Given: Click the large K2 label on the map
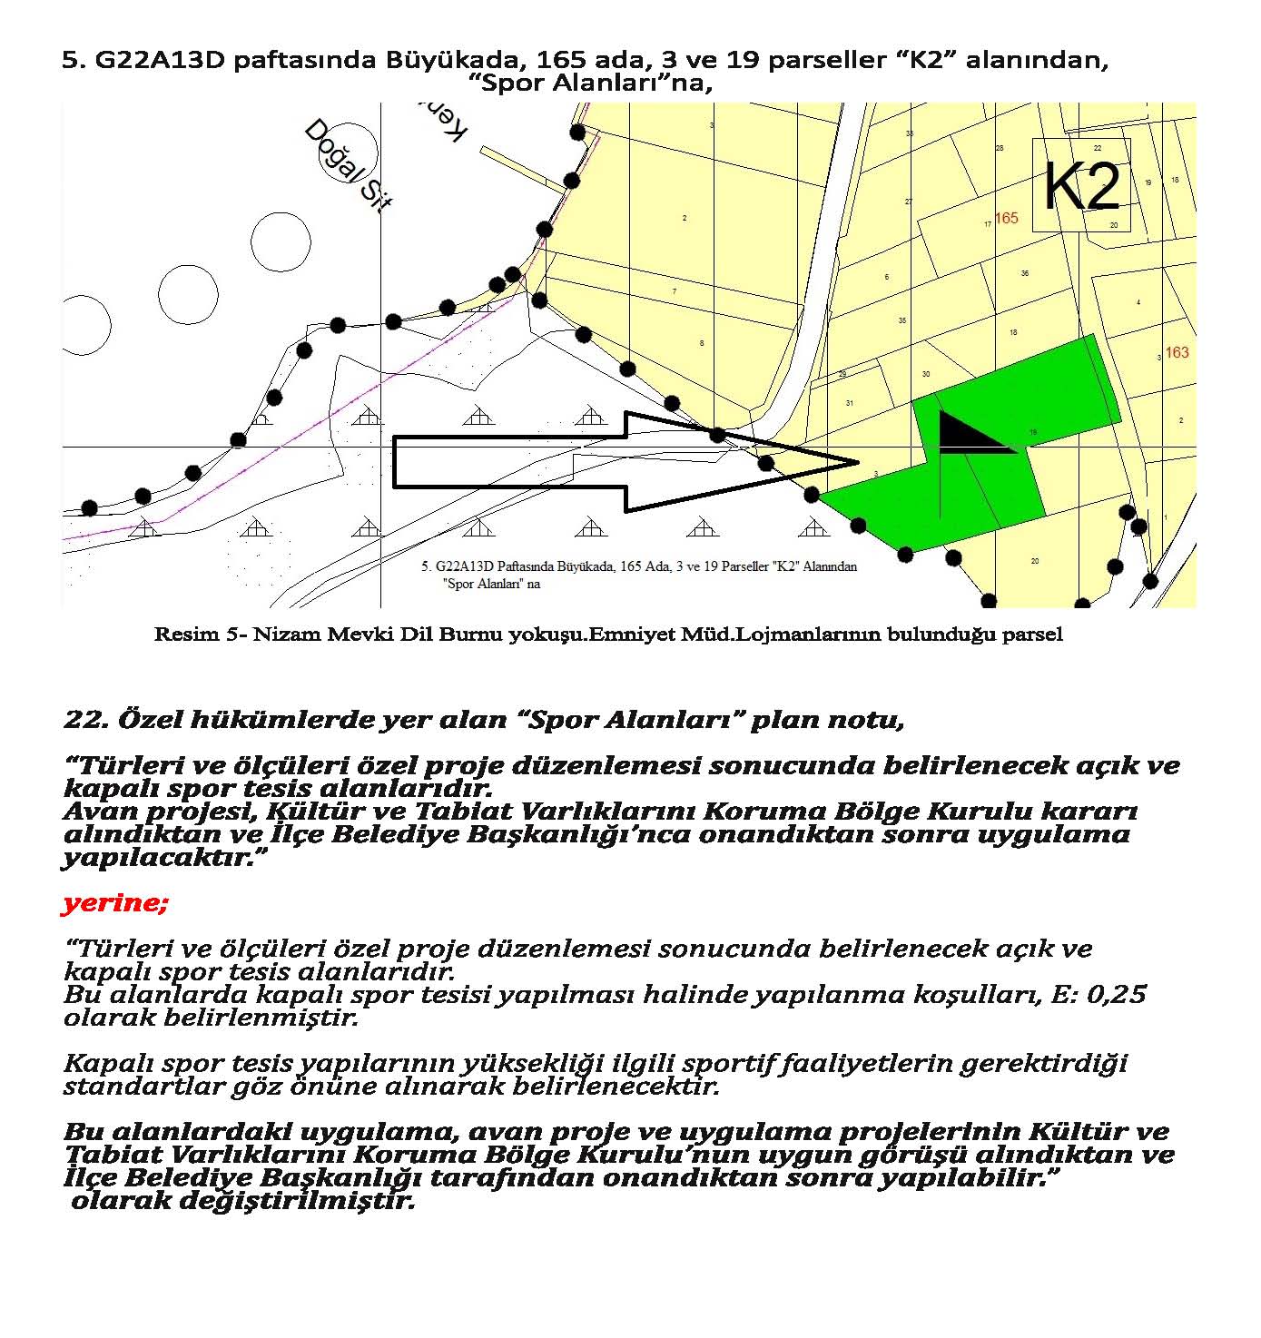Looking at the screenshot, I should [x=1081, y=187].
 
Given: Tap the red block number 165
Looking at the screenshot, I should [x=1007, y=218].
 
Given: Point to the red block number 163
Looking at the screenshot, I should [x=1177, y=352].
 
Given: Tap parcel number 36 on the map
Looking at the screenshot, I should [x=1025, y=273].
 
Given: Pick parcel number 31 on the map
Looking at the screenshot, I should [x=850, y=403].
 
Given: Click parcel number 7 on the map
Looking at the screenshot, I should [x=674, y=291].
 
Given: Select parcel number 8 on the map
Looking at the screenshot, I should [x=702, y=343].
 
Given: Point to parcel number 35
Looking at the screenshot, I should [x=902, y=320].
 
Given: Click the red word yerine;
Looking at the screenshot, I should [x=115, y=904].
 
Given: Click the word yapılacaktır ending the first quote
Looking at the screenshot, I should [x=156, y=858].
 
